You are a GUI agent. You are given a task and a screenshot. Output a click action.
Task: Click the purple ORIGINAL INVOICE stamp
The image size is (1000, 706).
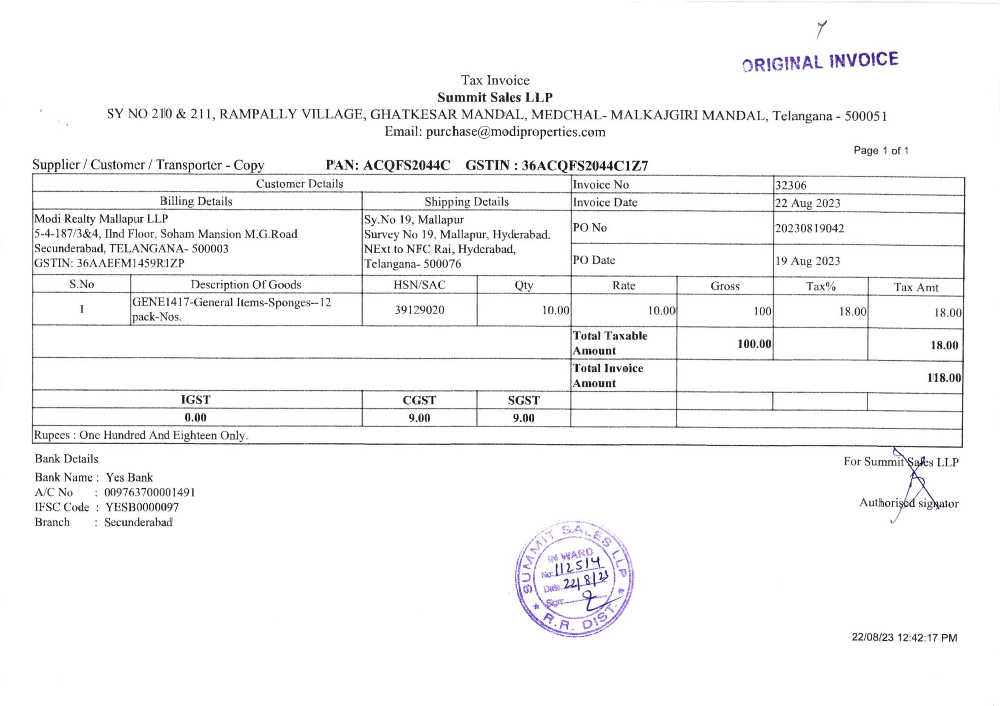click(x=820, y=62)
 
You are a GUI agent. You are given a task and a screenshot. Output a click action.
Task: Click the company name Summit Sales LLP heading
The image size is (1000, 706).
click(x=495, y=97)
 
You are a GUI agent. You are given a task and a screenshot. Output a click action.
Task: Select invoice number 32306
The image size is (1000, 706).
click(x=791, y=186)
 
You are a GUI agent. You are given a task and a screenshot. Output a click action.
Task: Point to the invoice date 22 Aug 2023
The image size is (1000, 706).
click(x=808, y=203)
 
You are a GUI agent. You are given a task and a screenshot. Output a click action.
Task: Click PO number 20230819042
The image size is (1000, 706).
click(x=809, y=229)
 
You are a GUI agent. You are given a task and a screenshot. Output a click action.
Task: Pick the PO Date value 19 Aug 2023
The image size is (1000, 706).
click(x=808, y=261)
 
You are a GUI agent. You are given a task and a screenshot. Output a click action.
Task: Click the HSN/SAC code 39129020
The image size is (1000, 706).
click(x=419, y=310)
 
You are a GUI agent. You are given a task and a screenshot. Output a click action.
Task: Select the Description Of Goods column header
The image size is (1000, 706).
click(x=246, y=285)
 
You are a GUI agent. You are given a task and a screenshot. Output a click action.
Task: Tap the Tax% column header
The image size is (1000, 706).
click(x=820, y=286)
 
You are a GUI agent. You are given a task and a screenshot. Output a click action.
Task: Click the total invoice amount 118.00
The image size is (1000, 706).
click(x=944, y=378)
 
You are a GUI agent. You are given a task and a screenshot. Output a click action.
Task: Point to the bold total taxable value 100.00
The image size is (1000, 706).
click(x=754, y=344)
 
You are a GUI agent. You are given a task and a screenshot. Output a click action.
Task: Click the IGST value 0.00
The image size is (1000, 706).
click(x=195, y=418)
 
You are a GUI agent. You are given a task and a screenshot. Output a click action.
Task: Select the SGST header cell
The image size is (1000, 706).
click(x=524, y=400)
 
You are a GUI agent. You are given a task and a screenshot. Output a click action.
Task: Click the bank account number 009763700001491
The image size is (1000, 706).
click(x=150, y=493)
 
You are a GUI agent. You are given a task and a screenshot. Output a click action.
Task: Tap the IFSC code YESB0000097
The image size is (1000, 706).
click(x=142, y=508)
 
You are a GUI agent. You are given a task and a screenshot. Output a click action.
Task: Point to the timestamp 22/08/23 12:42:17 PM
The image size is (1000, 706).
click(x=904, y=638)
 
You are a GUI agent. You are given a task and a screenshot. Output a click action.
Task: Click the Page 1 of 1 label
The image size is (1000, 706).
click(x=881, y=151)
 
